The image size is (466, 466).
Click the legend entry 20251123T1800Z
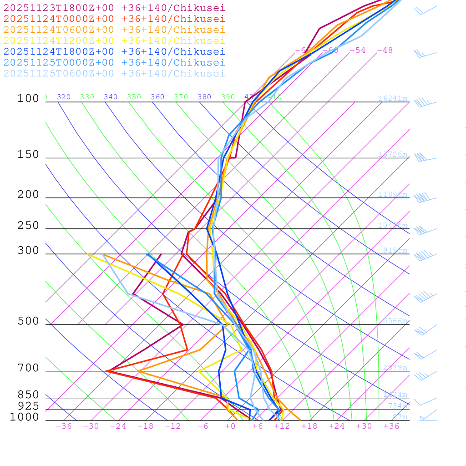[114, 8]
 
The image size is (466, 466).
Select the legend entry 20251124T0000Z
[114, 19]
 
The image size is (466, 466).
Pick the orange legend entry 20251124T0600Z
[114, 30]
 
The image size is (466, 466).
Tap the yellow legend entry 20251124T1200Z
[114, 41]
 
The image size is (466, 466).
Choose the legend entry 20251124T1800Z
[114, 51]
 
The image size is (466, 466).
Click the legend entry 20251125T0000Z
[114, 62]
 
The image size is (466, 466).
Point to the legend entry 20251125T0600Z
[114, 73]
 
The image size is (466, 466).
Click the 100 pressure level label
[28, 98]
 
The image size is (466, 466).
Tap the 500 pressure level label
[28, 321]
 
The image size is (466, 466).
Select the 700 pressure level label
[28, 368]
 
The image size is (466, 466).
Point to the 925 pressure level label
[28, 405]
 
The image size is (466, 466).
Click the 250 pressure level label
[28, 225]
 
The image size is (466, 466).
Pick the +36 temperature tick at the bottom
[391, 426]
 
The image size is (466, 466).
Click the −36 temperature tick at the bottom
[64, 426]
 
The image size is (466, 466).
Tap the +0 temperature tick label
[230, 426]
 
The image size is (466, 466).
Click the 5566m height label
[395, 321]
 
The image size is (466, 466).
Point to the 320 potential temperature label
[64, 97]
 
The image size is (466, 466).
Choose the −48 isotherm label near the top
[385, 50]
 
